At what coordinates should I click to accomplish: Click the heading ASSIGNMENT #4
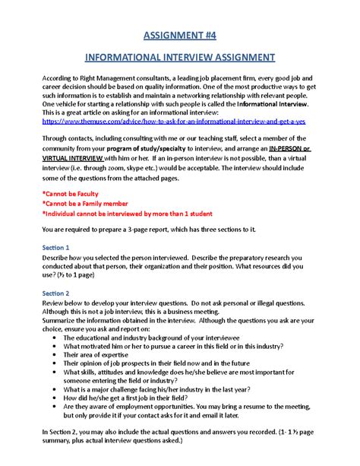tap(179, 35)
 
